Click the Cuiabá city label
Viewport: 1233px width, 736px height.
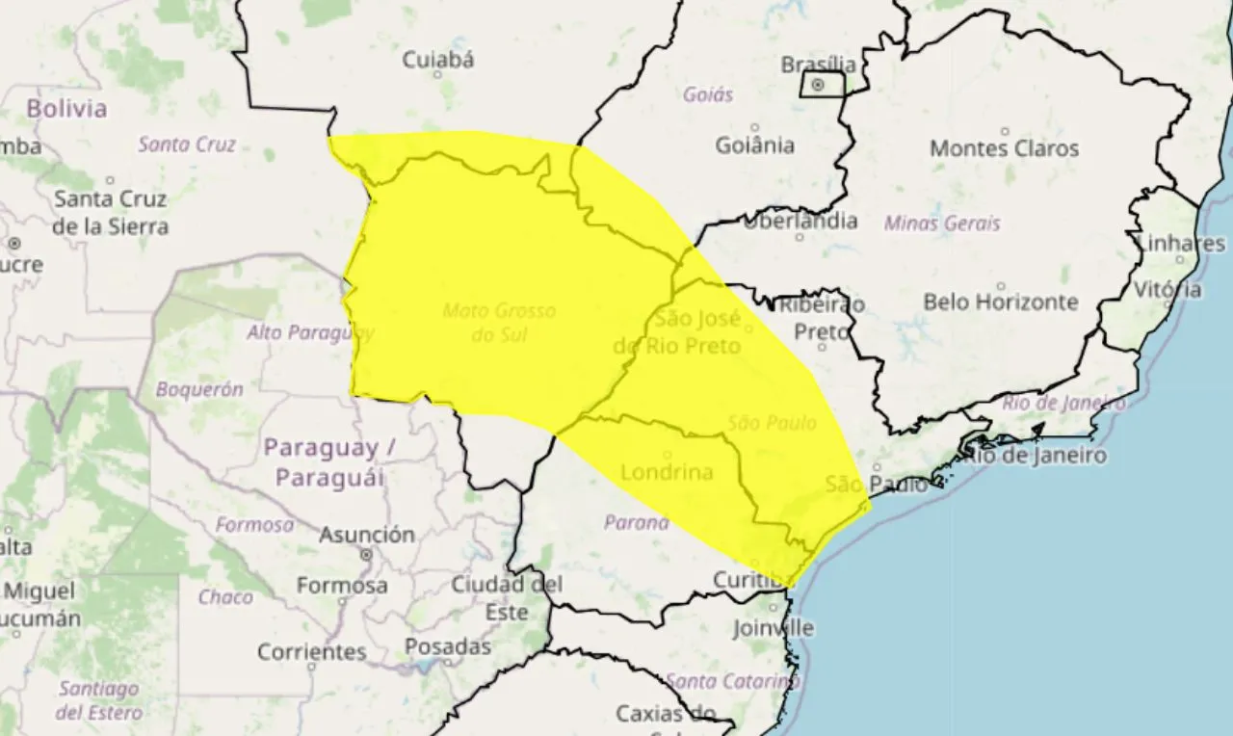point(438,60)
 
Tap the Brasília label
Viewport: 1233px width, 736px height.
point(818,65)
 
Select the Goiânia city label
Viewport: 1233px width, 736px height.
point(755,145)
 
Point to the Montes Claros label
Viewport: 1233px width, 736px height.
point(1004,148)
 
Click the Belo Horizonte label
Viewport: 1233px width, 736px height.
point(1001,302)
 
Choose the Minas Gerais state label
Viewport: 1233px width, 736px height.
point(942,223)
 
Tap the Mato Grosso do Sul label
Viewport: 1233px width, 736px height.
point(499,323)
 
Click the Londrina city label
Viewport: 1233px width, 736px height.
point(667,472)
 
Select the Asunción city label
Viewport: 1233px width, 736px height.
point(367,535)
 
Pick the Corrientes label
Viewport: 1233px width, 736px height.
point(311,652)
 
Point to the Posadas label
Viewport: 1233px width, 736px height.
point(448,646)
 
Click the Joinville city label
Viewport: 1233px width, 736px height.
point(773,629)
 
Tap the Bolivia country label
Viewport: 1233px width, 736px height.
point(66,108)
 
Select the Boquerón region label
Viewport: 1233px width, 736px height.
point(199,390)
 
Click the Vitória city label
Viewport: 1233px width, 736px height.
point(1167,289)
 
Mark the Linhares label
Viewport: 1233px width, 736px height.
point(1181,243)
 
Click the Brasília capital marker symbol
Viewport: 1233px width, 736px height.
point(818,85)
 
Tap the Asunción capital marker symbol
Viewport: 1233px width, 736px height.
point(366,555)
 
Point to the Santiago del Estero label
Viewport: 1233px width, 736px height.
point(99,701)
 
